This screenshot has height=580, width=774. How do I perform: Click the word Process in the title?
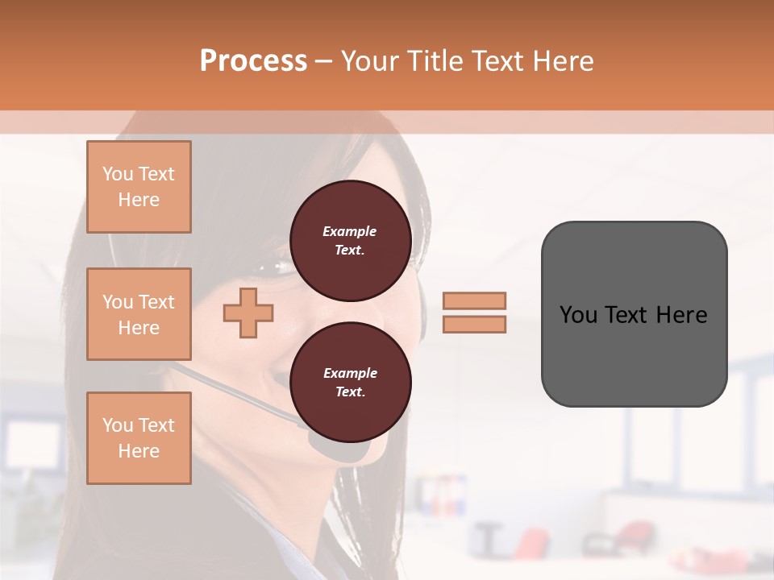click(253, 61)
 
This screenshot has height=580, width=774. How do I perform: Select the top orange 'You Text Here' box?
click(139, 187)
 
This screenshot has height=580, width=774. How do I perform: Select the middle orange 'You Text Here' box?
click(139, 314)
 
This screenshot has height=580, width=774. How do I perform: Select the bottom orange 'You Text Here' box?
click(139, 437)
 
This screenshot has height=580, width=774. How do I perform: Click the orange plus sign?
click(248, 313)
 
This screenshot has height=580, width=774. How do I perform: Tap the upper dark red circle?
click(350, 241)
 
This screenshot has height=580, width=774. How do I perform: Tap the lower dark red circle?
click(350, 383)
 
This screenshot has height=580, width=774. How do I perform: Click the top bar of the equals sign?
click(474, 300)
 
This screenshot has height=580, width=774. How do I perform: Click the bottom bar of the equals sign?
click(474, 324)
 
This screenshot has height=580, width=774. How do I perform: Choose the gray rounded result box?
click(634, 354)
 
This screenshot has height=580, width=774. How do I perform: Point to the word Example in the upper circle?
click(350, 231)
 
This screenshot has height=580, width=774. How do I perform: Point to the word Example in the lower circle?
click(350, 373)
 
